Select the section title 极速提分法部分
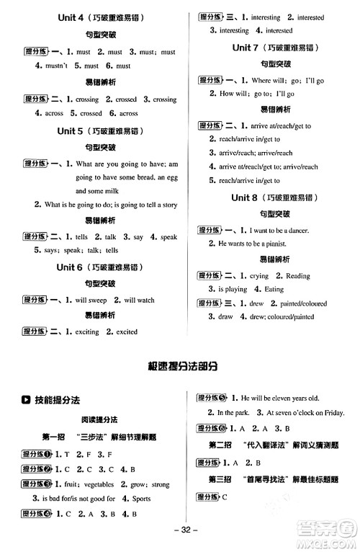click(x=180, y=366)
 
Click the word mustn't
click(x=50, y=66)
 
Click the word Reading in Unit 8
click(x=298, y=276)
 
